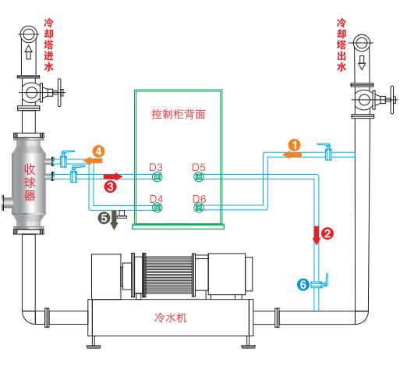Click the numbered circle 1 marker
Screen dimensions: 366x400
(295, 144)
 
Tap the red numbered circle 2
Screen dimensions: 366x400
(327, 233)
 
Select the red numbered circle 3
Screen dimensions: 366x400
(111, 187)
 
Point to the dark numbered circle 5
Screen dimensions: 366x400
(103, 218)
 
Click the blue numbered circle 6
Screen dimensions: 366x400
(303, 285)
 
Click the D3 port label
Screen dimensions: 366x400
(156, 167)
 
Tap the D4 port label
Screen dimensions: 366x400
(156, 198)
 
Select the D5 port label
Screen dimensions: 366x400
(199, 167)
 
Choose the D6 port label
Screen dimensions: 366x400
(199, 198)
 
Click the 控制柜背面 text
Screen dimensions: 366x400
(179, 113)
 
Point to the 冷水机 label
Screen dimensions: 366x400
(172, 318)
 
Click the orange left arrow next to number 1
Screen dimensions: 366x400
(292, 155)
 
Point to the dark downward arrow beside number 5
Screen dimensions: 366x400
(115, 219)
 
